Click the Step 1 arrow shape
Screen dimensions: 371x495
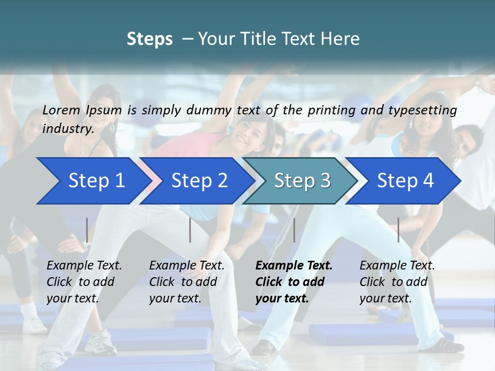pyautogui.click(x=93, y=181)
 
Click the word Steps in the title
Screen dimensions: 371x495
pyautogui.click(x=150, y=39)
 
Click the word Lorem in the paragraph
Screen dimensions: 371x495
pyautogui.click(x=61, y=110)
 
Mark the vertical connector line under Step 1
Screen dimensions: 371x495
pyautogui.click(x=87, y=230)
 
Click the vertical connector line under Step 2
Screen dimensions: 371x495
pyautogui.click(x=190, y=230)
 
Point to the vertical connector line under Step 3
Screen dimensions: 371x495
pyautogui.click(x=294, y=230)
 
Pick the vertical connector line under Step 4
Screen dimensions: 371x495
pyautogui.click(x=399, y=230)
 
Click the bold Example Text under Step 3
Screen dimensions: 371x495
pyautogui.click(x=294, y=266)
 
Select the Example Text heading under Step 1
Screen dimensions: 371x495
pyautogui.click(x=84, y=266)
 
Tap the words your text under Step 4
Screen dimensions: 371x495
pyautogui.click(x=385, y=299)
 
